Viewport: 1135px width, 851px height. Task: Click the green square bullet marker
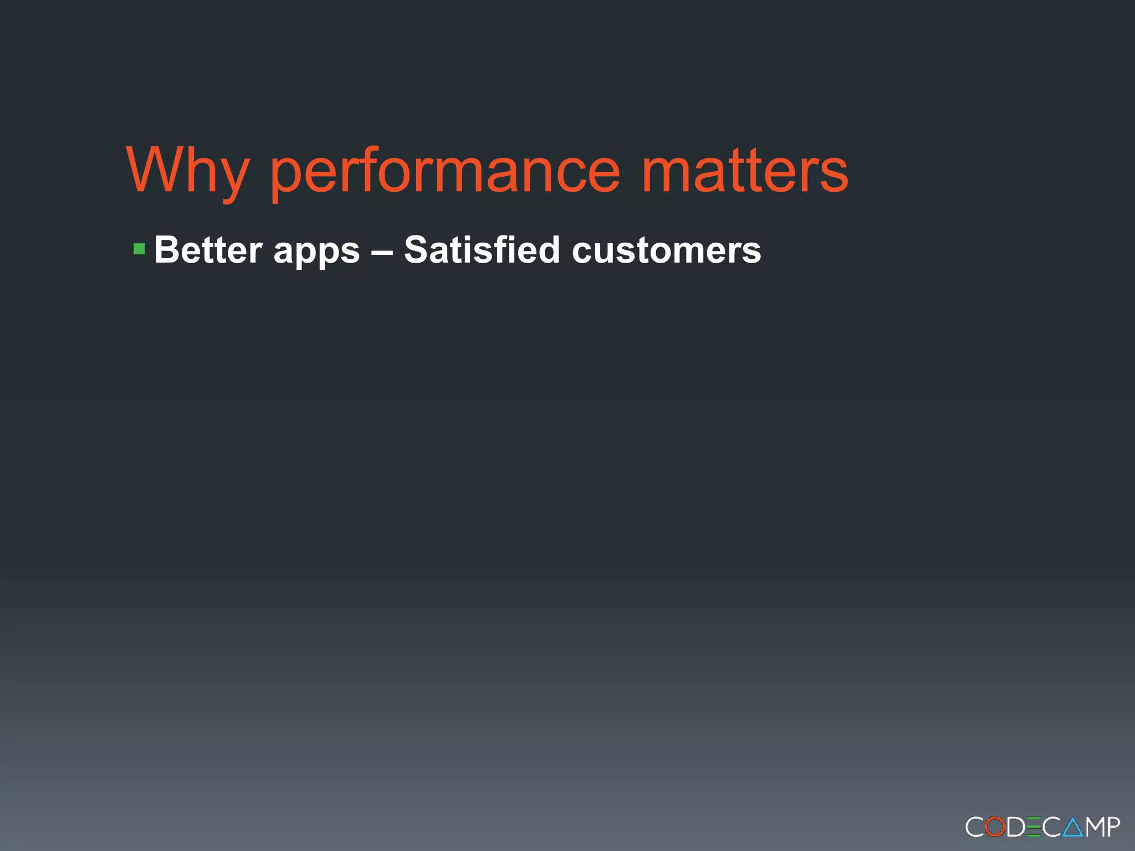coord(139,249)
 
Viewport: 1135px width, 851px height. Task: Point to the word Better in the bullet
coord(208,250)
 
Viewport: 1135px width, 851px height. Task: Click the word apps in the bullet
coord(316,252)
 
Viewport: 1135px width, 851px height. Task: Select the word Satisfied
coord(482,250)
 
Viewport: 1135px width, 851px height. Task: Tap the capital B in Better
coord(166,250)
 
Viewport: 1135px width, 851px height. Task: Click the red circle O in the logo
coord(996,827)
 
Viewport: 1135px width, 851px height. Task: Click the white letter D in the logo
coord(1015,827)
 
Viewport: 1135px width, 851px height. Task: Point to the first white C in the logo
coord(975,827)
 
